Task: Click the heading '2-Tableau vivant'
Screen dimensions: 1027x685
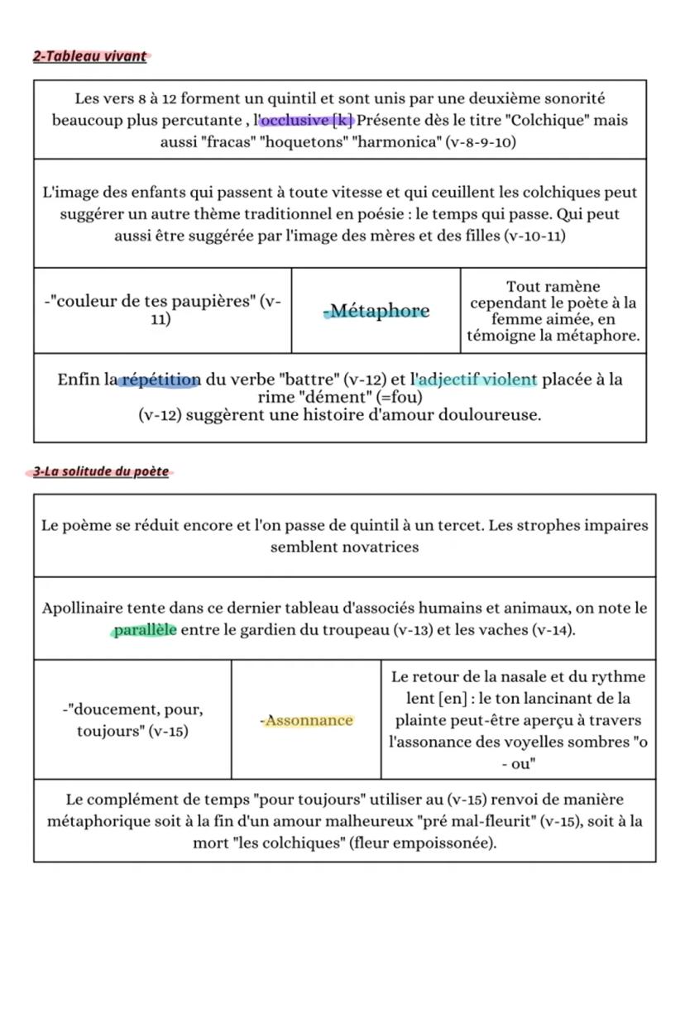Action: coord(89,56)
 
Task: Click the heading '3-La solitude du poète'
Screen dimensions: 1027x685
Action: coord(100,471)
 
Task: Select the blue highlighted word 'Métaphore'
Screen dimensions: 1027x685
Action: coord(376,311)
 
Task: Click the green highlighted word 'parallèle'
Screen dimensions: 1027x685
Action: coord(144,631)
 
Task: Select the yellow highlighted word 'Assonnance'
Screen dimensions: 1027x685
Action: coord(306,720)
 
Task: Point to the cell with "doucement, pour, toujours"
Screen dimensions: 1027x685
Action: coord(132,719)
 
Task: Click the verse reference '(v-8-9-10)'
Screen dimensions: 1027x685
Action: coord(481,142)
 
